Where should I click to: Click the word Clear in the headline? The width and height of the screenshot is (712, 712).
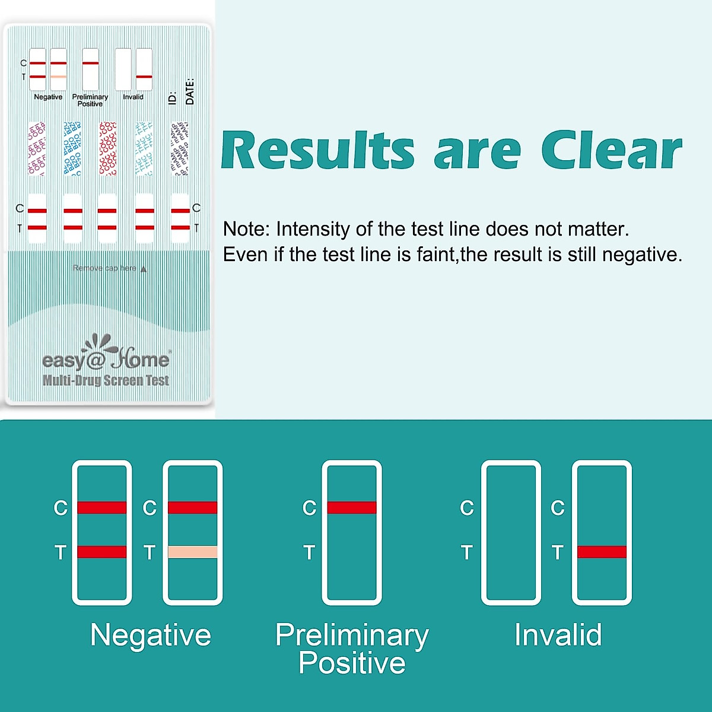click(611, 151)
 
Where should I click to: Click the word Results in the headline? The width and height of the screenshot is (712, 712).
click(318, 151)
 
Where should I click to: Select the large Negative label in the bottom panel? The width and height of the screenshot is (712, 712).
click(151, 635)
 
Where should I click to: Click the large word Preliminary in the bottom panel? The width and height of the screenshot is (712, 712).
click(352, 635)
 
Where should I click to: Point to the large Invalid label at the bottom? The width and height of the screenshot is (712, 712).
click(558, 635)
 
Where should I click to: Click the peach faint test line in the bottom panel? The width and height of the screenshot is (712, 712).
click(193, 552)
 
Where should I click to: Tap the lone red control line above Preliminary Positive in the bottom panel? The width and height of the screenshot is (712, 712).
click(352, 507)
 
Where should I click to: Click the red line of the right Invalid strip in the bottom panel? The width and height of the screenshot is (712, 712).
click(602, 552)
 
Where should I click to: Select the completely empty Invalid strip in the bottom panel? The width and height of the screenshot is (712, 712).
click(511, 532)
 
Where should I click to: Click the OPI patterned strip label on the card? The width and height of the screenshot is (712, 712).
click(37, 148)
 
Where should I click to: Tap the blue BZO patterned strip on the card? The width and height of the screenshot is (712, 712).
click(72, 148)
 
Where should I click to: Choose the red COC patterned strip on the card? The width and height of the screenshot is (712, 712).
click(107, 148)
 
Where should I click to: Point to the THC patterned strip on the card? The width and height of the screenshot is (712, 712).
click(144, 148)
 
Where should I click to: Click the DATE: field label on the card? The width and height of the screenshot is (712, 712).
click(190, 91)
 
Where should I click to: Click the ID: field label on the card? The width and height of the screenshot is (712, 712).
click(173, 98)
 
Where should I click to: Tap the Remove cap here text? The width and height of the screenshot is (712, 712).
click(105, 268)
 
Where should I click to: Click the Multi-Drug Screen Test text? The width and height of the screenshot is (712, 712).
click(106, 380)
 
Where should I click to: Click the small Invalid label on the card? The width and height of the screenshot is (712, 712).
click(133, 97)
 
